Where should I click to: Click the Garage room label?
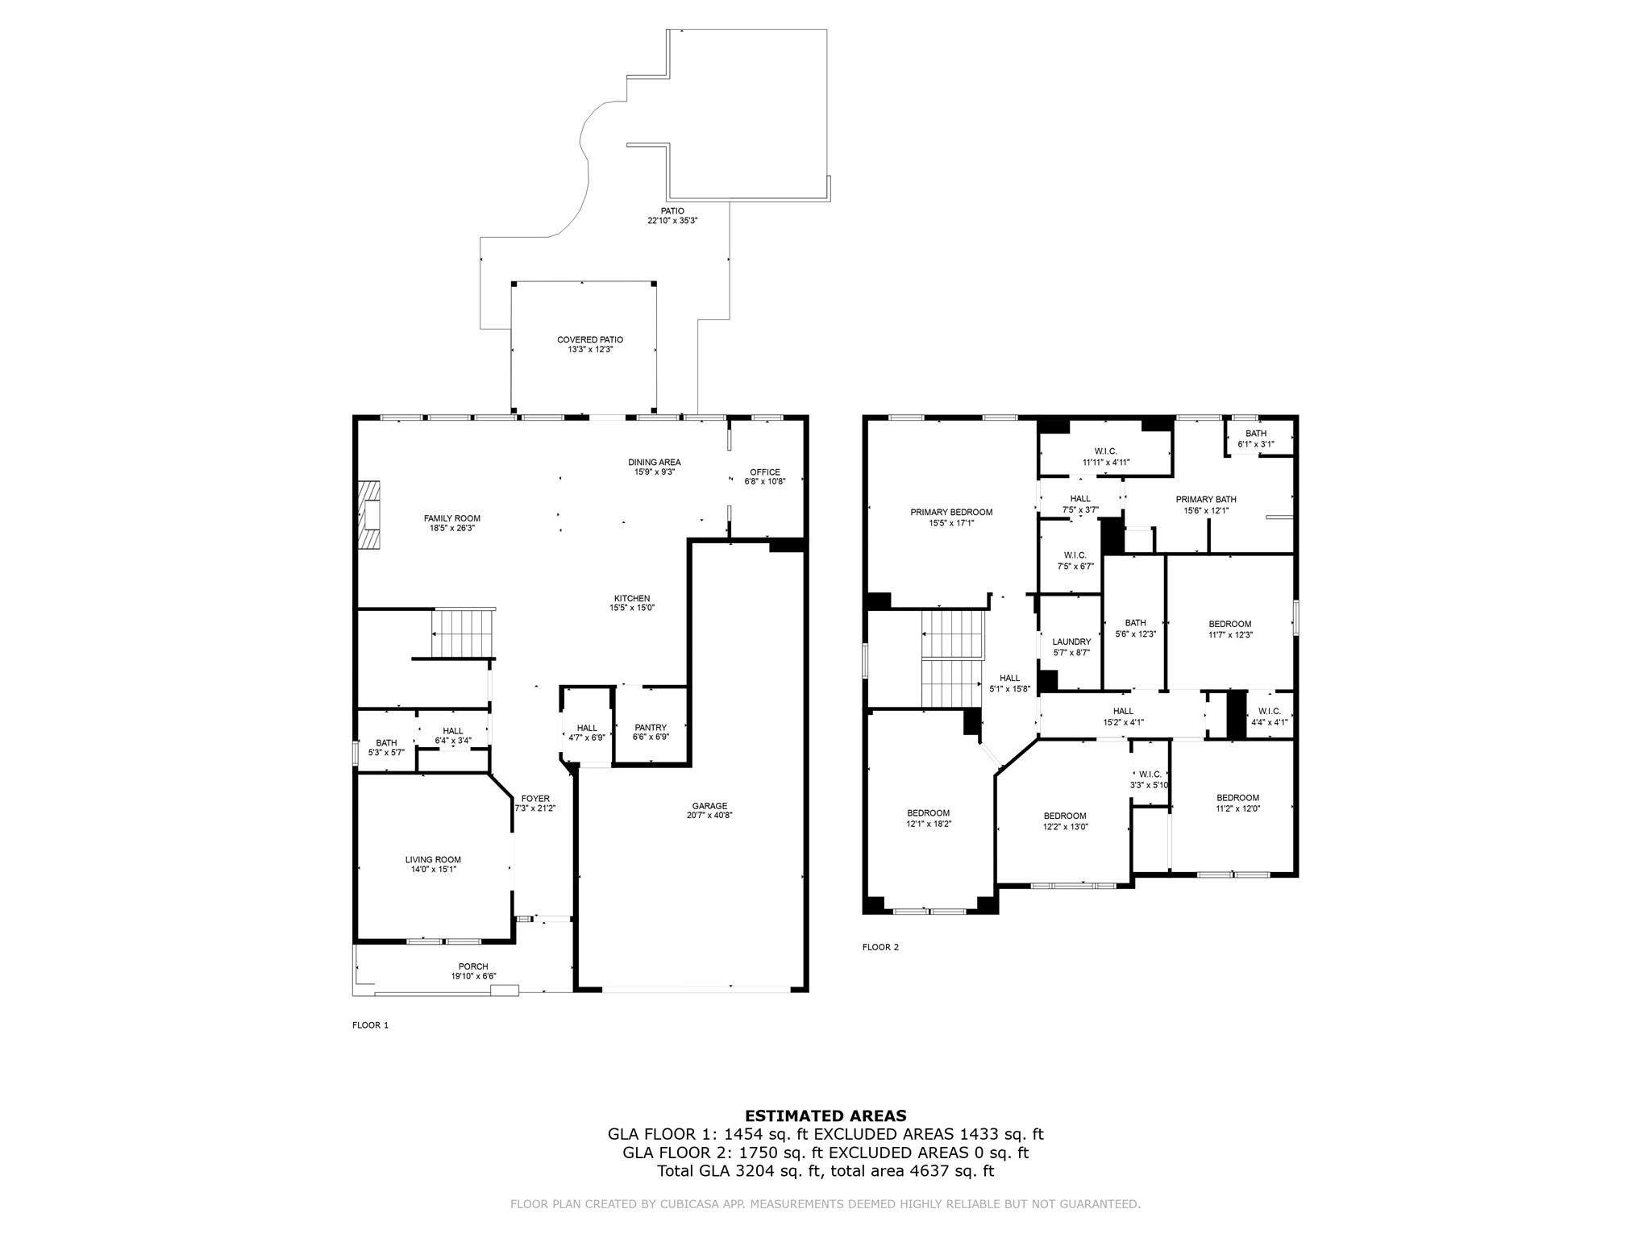tap(709, 806)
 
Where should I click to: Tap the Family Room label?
tap(452, 518)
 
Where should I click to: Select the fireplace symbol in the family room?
tap(369, 516)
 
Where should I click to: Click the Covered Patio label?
tap(590, 340)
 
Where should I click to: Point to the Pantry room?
tap(651, 727)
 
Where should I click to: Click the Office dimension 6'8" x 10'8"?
tap(764, 481)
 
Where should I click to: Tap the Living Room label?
tap(433, 860)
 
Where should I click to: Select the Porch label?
tap(473, 966)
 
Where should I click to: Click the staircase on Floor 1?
tap(462, 634)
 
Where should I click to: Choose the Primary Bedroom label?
tap(951, 512)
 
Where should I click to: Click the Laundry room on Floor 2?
tap(1071, 642)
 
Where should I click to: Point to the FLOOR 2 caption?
tap(880, 947)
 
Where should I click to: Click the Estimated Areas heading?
tap(825, 1116)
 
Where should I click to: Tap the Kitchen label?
tap(631, 598)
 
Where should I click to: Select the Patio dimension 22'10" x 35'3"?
tap(672, 220)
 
